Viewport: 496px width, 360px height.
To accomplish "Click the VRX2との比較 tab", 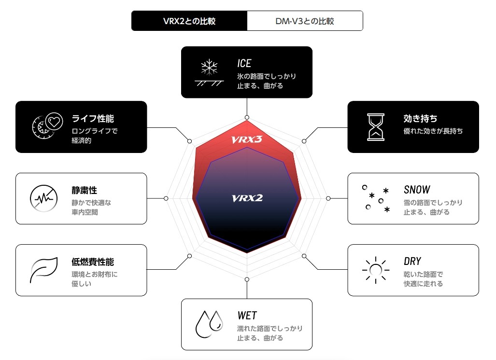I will [x=189, y=21].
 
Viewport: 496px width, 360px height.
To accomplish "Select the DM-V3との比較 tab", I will [x=305, y=21].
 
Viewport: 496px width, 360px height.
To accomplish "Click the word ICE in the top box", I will [x=244, y=64].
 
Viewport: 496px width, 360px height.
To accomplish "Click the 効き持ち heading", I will [x=420, y=119].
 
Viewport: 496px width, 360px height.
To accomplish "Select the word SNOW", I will [x=417, y=190].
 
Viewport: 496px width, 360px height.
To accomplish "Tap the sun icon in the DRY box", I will [x=375, y=270].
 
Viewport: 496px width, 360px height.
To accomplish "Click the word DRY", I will [x=412, y=261].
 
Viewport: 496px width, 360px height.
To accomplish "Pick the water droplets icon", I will [x=209, y=324].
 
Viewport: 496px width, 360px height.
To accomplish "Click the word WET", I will [x=247, y=316].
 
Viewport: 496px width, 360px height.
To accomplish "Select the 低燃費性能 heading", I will [x=93, y=262].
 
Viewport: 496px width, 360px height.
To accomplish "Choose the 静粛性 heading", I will [x=85, y=191].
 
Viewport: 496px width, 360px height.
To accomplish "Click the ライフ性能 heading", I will [x=93, y=119].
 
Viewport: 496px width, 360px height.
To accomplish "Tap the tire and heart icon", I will [x=46, y=126].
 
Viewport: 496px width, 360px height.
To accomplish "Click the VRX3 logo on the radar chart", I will [x=247, y=140].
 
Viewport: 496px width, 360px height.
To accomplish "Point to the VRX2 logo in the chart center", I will [x=247, y=198].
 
